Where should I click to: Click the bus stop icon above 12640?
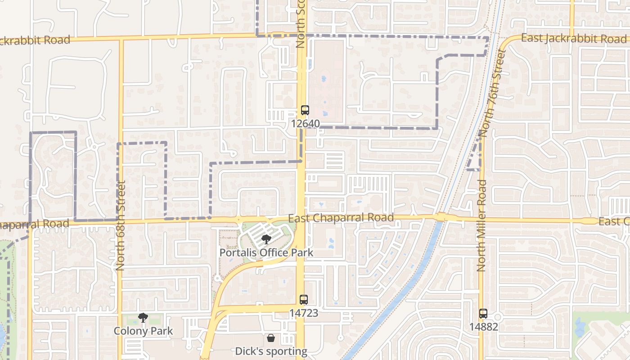coord(305,110)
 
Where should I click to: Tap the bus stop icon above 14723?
coord(304,300)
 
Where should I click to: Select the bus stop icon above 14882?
coord(483,314)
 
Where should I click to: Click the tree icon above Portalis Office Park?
coord(266,239)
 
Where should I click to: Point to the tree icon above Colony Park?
coord(143,318)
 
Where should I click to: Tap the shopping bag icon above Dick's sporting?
coord(271,337)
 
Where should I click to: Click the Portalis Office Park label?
coord(266,252)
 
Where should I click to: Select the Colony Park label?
coord(143,331)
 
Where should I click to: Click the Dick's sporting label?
coord(271,351)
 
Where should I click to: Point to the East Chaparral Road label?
coord(341,218)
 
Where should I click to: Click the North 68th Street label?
coord(120,225)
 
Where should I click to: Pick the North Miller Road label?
coord(481,225)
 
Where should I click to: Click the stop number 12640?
coord(305,123)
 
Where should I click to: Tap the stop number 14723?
coord(304,313)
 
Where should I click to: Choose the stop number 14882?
coord(483,327)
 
